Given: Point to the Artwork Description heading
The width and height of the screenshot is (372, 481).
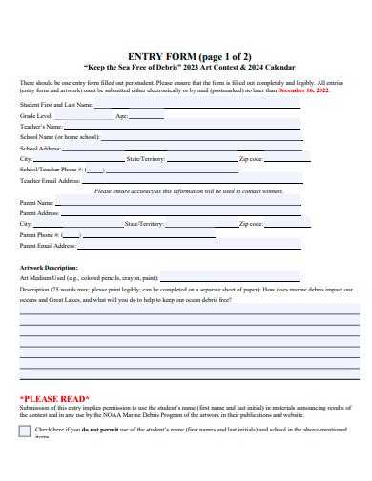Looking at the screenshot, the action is pyautogui.click(x=49, y=268).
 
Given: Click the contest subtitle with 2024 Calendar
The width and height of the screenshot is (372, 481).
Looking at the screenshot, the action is pyautogui.click(x=185, y=68).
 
